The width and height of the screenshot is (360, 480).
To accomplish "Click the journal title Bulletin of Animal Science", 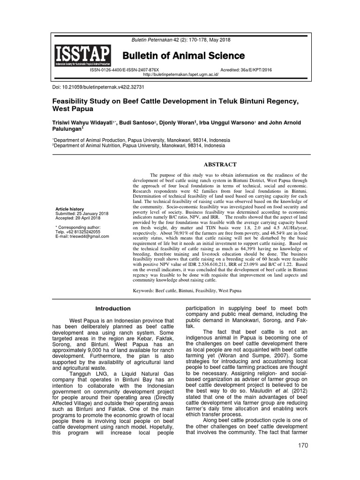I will pos(184,56).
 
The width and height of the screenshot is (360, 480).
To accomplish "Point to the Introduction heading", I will pos(113,308).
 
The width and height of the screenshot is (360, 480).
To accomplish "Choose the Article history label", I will pos(69,208).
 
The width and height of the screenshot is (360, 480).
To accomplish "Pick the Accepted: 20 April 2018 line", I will pos(78,218).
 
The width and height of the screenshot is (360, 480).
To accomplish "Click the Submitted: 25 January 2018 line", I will pos(82,213).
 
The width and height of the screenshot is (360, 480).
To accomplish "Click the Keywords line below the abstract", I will pos(193,291).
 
